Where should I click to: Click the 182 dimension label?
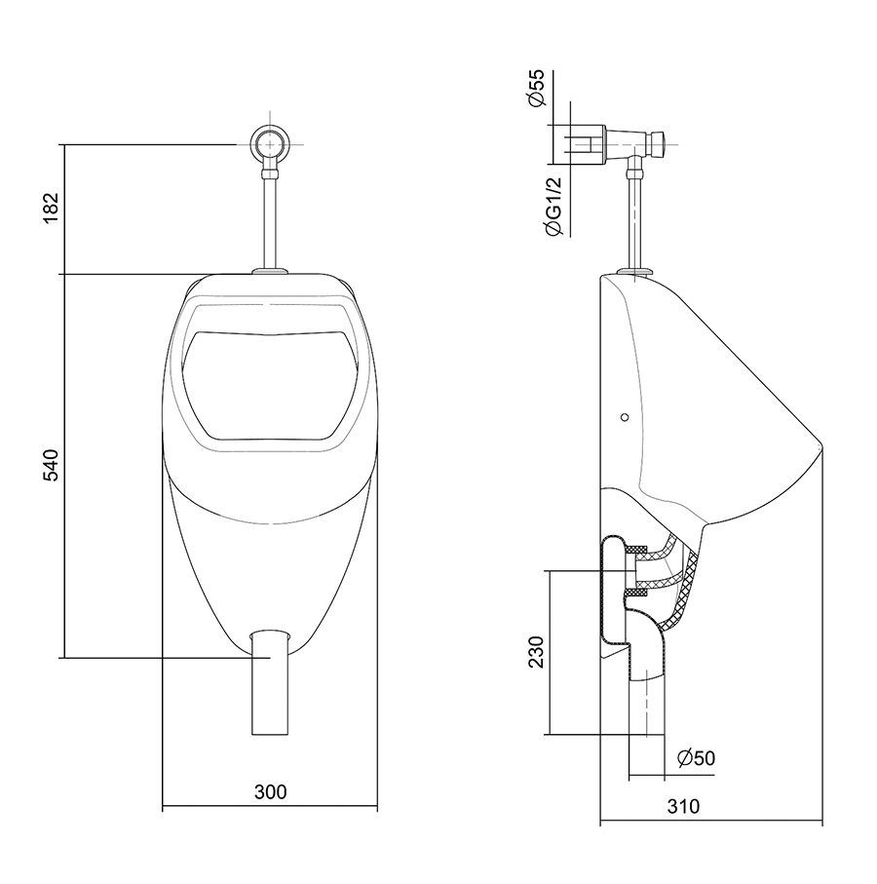tap(52, 208)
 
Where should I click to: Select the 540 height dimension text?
tap(52, 465)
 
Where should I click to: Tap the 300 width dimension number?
tap(271, 792)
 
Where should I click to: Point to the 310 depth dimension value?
tap(683, 807)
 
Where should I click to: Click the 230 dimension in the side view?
tap(536, 652)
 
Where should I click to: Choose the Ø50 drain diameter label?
tap(697, 758)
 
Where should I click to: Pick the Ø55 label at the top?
tap(537, 88)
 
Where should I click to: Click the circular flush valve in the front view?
tap(270, 144)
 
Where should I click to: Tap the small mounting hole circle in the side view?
tap(624, 417)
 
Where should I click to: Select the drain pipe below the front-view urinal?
tap(270, 683)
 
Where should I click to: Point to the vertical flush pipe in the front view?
tap(270, 220)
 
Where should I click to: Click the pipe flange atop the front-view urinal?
tap(270, 271)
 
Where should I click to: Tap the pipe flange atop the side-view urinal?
tap(635, 272)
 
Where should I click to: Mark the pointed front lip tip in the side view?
tap(820, 445)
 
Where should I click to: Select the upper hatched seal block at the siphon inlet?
tap(637, 549)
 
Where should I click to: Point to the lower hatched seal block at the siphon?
tap(637, 591)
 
